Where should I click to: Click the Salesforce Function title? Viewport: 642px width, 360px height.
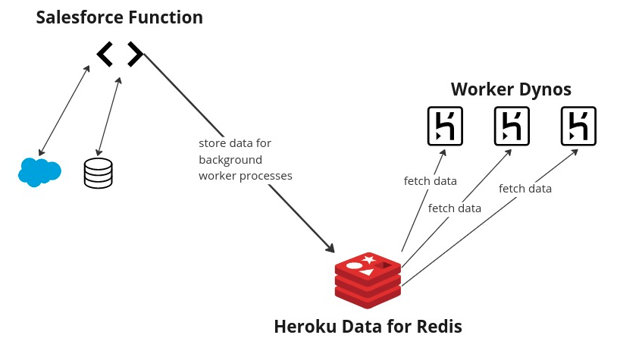click(x=120, y=17)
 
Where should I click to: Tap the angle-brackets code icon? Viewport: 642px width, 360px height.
click(x=120, y=54)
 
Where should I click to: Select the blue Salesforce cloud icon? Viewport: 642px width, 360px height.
click(x=39, y=172)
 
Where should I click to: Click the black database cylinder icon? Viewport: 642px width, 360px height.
click(x=98, y=173)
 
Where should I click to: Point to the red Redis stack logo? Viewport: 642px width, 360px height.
click(x=368, y=280)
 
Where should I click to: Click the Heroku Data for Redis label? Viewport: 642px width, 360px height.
click(x=368, y=327)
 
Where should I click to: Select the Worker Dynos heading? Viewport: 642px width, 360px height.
click(x=511, y=89)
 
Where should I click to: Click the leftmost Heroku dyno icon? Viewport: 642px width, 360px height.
click(x=445, y=126)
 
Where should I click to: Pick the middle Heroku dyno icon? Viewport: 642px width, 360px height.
click(x=512, y=126)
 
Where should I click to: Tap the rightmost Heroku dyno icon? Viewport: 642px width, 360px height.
click(x=578, y=126)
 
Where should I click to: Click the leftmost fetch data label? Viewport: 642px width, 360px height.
click(x=430, y=181)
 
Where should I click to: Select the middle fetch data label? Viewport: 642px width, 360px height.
click(x=455, y=208)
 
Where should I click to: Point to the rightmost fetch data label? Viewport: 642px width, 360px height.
click(x=525, y=189)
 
